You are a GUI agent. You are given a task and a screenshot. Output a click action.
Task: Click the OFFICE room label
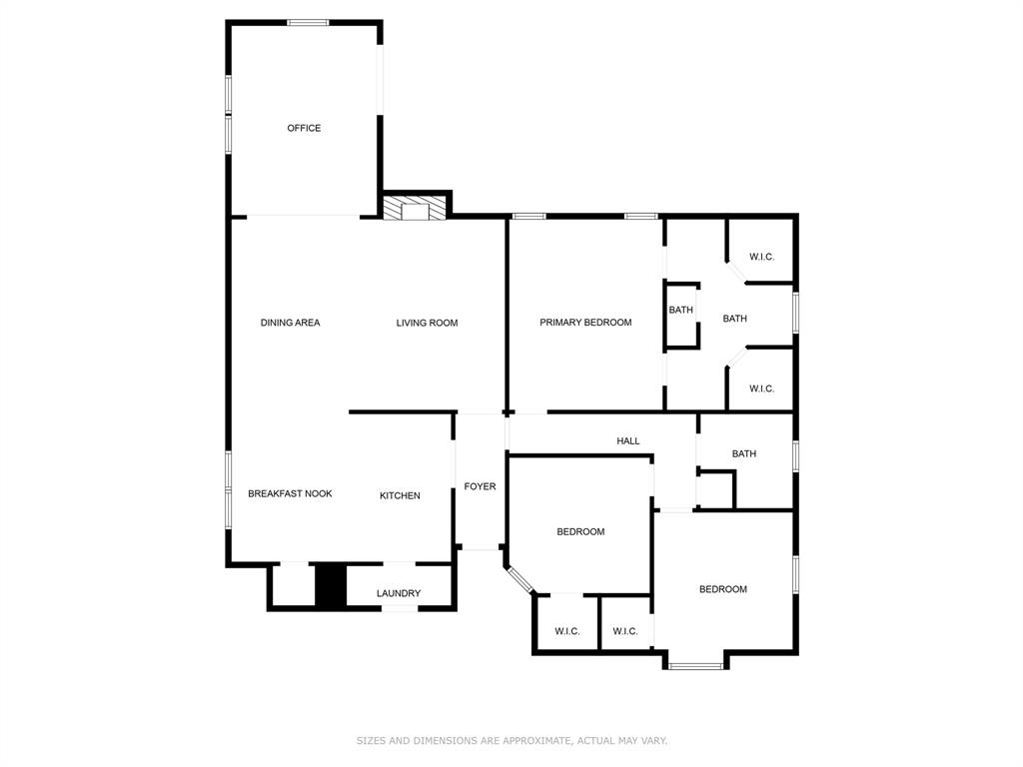304,128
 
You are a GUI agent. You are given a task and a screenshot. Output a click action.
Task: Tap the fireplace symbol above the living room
415,209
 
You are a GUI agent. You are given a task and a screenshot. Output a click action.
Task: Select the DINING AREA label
290,323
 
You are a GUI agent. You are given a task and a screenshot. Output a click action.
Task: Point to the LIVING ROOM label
427,323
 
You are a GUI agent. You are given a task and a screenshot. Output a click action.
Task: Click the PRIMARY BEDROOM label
585,323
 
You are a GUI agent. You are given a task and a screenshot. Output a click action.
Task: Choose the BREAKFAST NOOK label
290,493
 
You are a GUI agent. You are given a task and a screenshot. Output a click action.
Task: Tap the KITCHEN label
400,495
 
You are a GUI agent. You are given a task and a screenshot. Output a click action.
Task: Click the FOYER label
480,486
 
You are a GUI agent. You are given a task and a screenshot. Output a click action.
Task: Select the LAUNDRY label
399,593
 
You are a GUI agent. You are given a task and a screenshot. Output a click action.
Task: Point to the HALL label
627,440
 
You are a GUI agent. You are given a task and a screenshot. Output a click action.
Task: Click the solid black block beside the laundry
331,585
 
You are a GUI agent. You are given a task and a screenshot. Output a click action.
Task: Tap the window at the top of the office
308,22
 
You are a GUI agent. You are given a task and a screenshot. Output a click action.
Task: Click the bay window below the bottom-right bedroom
695,665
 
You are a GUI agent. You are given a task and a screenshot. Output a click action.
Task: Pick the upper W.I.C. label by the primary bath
761,257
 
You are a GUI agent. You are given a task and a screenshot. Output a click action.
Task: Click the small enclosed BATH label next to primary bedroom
680,310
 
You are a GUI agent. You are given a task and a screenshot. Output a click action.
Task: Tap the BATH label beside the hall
743,453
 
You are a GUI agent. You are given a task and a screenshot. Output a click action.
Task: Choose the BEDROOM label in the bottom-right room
722,589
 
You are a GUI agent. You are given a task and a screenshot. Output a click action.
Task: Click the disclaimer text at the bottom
511,740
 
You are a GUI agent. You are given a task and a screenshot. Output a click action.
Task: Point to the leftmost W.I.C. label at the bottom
566,631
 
